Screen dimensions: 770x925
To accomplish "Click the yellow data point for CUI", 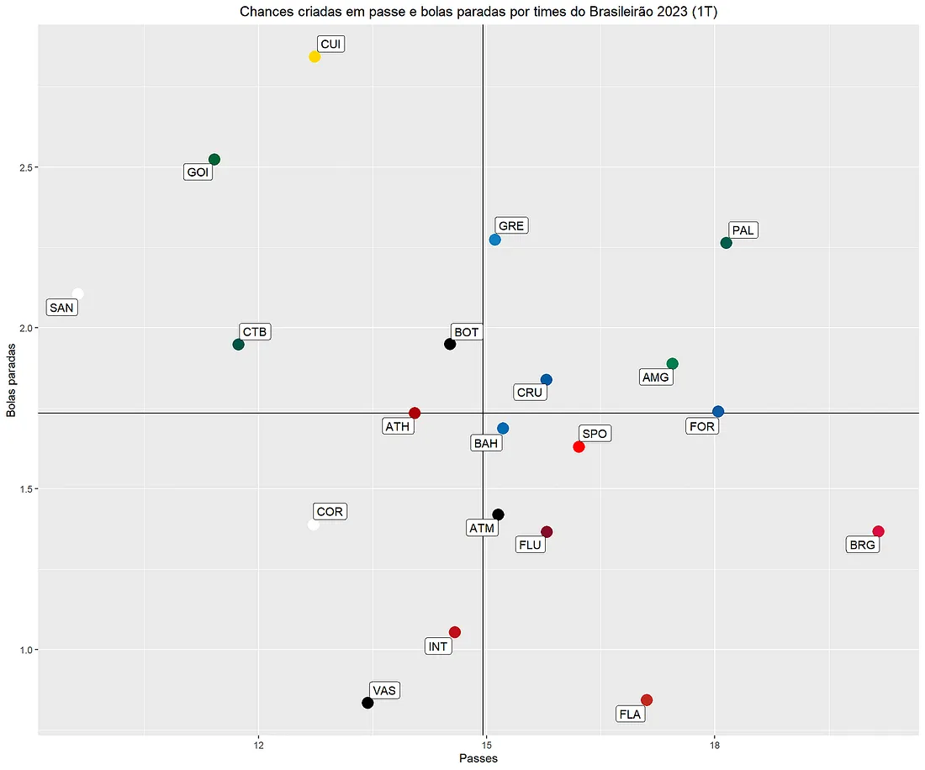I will tap(314, 57).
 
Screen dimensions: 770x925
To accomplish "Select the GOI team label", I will tap(198, 172).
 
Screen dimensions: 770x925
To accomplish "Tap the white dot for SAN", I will tap(78, 293).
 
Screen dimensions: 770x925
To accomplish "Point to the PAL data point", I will tap(727, 243).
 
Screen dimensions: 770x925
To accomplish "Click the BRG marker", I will tap(878, 531).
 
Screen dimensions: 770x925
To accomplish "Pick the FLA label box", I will tap(630, 715).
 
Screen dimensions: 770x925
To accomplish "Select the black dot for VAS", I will tap(367, 703).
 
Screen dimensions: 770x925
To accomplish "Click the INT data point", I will tap(455, 632).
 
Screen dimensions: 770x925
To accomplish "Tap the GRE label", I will tap(511, 226).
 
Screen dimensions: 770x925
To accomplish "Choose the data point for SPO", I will tap(579, 446).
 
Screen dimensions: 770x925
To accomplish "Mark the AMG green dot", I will tap(672, 364).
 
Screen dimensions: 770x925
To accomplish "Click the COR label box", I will tap(330, 512).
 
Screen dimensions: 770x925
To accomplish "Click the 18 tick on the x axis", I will tap(715, 745).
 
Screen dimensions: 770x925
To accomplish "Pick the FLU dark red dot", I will tap(547, 532).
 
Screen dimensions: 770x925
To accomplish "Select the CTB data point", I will tap(238, 345).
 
